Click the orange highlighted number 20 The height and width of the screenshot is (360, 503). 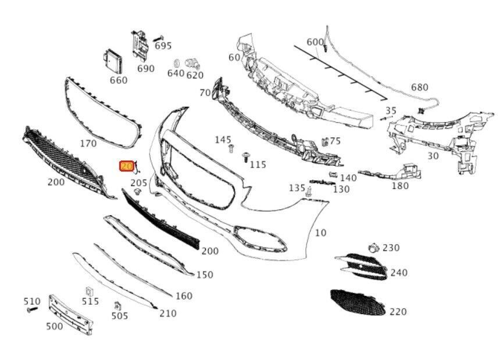point(126,166)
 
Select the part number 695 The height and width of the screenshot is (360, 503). point(163,45)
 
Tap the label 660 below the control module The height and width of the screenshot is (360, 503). point(118,80)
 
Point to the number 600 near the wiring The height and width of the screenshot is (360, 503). point(315,42)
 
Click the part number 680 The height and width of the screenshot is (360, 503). point(419,88)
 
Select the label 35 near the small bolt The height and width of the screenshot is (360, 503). point(391,111)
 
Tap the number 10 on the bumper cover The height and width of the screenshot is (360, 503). point(320,233)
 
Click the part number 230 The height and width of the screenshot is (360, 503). point(391,248)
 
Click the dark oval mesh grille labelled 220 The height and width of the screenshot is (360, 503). point(358,302)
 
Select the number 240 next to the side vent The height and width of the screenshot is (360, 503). point(399,272)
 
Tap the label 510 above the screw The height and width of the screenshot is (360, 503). point(32,301)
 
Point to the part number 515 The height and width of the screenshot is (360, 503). point(90,301)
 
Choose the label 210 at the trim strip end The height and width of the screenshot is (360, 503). point(167,313)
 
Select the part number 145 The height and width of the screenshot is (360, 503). point(223,140)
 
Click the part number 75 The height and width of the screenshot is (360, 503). point(335,141)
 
